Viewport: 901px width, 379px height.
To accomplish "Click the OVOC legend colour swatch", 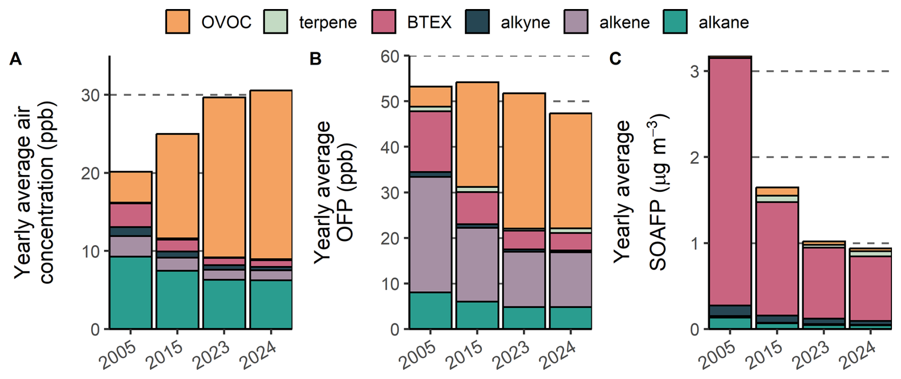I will pos(178,22).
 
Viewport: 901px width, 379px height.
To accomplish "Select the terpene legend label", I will pos(328,22).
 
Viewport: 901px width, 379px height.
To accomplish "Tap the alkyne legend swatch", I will pos(477,22).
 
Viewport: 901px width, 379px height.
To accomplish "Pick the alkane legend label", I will pos(723,22).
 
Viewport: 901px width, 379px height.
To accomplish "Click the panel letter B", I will pos(315,59).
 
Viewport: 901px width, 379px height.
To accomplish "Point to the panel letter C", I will pos(615,59).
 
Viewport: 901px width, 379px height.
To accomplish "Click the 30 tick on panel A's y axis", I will pos(90,95).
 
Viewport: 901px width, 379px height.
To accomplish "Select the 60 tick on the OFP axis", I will pos(390,56).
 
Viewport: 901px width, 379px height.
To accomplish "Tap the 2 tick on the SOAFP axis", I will pos(695,157).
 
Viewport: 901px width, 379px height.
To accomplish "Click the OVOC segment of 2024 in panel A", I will pos(271,174).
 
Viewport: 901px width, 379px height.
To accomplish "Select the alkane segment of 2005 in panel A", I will pos(131,293).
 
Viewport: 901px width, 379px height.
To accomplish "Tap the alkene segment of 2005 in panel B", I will pos(430,234).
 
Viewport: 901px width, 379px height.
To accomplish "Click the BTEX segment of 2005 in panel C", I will pos(730,181).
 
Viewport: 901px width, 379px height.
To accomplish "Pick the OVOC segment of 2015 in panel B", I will pos(477,134).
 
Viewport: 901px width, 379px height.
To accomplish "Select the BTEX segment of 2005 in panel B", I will pos(430,141).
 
